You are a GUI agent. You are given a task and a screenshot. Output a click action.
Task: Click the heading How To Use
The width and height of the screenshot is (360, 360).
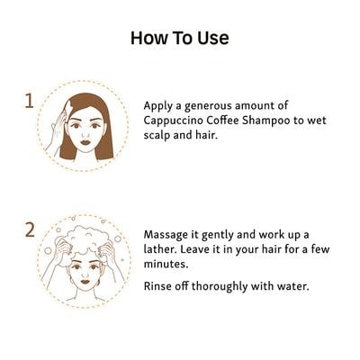180,38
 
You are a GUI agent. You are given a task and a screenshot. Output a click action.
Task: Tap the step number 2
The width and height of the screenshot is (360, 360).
29,230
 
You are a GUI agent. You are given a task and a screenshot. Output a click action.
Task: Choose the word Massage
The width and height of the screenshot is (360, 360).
168,235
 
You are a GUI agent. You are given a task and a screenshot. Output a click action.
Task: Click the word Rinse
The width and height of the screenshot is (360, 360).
160,287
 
